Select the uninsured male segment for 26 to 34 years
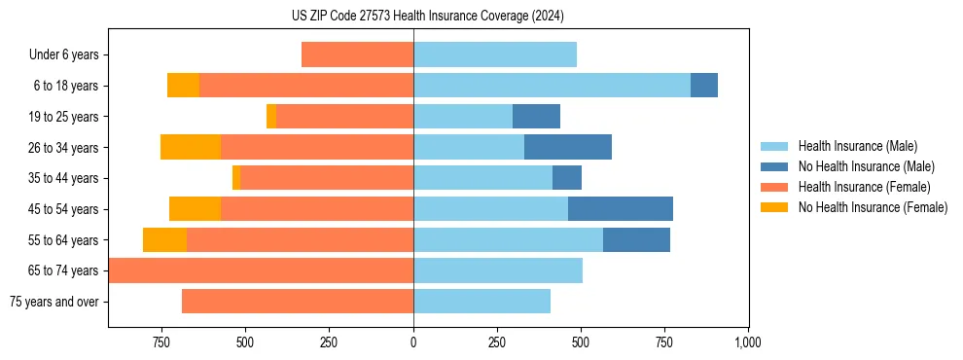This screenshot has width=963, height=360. click(x=568, y=147)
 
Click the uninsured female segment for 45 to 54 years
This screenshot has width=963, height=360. click(x=195, y=209)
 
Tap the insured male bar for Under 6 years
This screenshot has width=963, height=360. click(x=495, y=54)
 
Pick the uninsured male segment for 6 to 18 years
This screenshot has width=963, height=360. click(x=704, y=86)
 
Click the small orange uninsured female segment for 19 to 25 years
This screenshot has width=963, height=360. click(x=271, y=117)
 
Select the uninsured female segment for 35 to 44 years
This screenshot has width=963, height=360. click(x=236, y=178)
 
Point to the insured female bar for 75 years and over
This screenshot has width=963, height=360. click(x=298, y=302)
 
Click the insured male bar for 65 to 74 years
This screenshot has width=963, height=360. click(x=498, y=270)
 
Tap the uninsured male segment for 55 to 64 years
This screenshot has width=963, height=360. click(x=636, y=240)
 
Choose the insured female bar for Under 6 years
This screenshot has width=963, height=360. click(x=357, y=54)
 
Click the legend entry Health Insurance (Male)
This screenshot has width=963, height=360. click(x=857, y=146)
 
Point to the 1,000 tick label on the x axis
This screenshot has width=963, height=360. click(x=747, y=343)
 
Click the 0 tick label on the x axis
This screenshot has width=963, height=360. click(x=413, y=343)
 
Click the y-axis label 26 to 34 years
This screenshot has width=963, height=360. click(x=64, y=148)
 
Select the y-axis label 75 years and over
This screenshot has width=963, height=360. click(x=54, y=303)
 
